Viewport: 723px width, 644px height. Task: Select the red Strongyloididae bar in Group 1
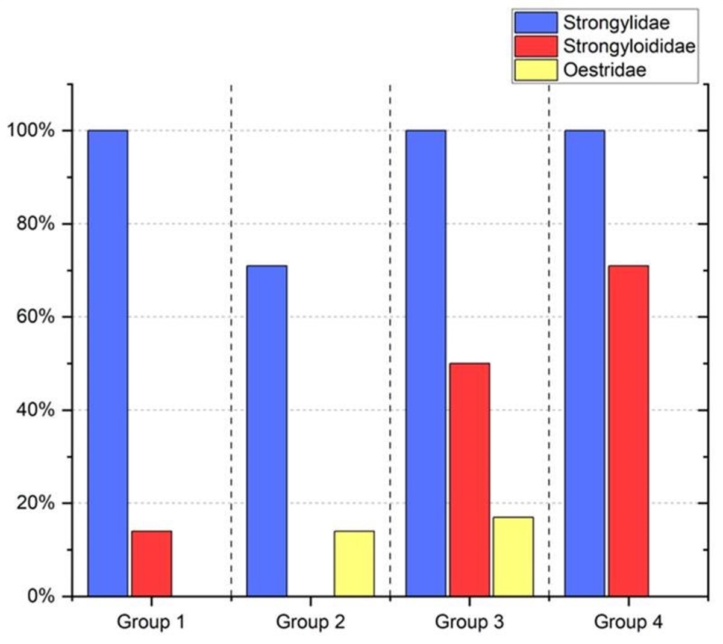click(x=151, y=563)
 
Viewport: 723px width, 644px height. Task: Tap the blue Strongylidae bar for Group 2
click(x=267, y=430)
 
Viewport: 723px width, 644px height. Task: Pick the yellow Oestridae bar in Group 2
click(x=354, y=563)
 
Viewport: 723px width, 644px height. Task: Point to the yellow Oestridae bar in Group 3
click(x=513, y=557)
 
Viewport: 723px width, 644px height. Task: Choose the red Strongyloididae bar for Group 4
click(x=628, y=430)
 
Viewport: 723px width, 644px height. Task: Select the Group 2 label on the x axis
click(x=310, y=622)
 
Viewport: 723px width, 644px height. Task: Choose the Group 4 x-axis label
click(x=628, y=622)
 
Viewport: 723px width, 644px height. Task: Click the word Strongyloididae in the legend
click(x=629, y=46)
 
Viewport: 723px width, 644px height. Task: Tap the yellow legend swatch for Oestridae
click(x=536, y=70)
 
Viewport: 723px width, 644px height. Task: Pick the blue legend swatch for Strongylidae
click(x=536, y=23)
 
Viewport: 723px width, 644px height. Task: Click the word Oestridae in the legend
click(x=604, y=70)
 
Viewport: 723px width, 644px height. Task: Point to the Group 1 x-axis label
click(x=151, y=622)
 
